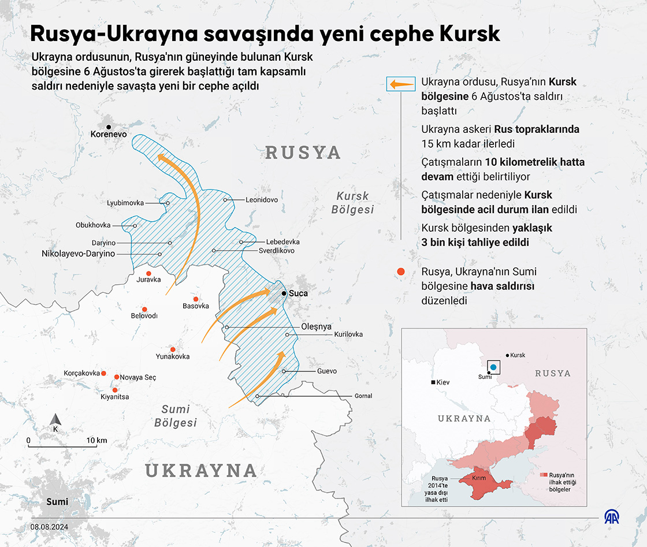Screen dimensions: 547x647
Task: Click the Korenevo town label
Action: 109,134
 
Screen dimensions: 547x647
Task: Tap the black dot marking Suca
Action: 284,293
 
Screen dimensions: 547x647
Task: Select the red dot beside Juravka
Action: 148,273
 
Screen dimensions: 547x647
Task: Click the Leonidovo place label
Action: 262,200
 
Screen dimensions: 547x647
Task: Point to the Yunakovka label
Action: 172,356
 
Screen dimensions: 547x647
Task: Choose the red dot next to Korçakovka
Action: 104,373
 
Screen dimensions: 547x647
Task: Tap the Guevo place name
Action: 326,371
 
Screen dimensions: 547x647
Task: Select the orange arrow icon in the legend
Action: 401,85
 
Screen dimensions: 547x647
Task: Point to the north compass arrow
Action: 55,420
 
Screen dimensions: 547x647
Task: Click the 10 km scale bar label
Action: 97,440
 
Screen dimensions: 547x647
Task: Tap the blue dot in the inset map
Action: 493,367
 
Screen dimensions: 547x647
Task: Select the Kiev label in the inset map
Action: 443,382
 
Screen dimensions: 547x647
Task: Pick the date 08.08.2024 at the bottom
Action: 49,527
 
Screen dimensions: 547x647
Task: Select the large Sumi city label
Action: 57,501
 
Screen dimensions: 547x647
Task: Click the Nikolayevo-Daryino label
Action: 78,254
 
